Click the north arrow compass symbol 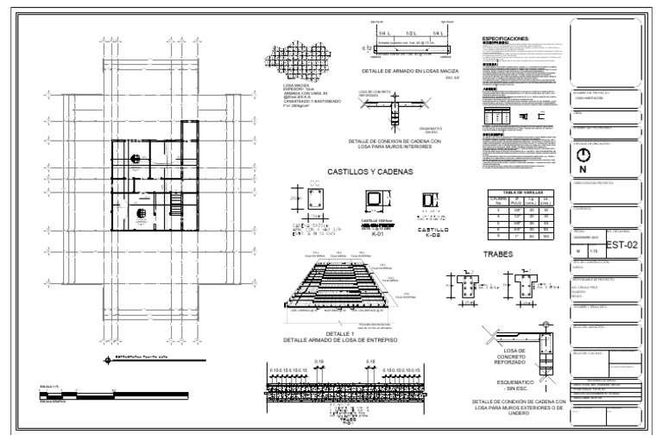[584, 156]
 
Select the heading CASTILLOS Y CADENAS [370, 172]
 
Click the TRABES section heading [499, 255]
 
